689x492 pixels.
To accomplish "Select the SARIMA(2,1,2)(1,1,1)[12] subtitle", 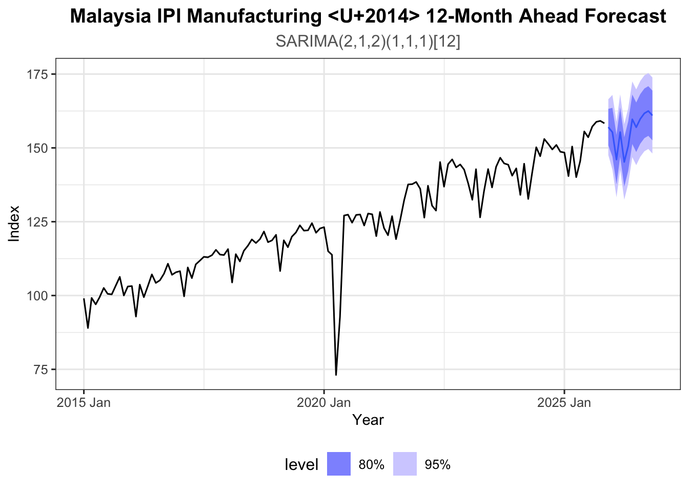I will (x=368, y=41).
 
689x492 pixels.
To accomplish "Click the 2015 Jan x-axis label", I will (x=84, y=402).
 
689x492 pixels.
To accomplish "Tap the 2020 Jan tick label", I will (x=324, y=402).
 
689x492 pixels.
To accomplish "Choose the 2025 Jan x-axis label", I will (x=564, y=402).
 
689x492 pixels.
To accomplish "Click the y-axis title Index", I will (x=14, y=223).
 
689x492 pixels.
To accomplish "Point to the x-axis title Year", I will (x=368, y=420).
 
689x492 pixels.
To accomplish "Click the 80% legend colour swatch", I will (x=339, y=464).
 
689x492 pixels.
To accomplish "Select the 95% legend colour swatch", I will (x=405, y=464).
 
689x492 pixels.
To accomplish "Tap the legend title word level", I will (x=301, y=464).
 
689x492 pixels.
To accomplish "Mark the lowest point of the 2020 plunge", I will (x=336, y=375).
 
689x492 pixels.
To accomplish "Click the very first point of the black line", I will (x=84, y=299).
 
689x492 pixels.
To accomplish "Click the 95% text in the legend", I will (x=437, y=464).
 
